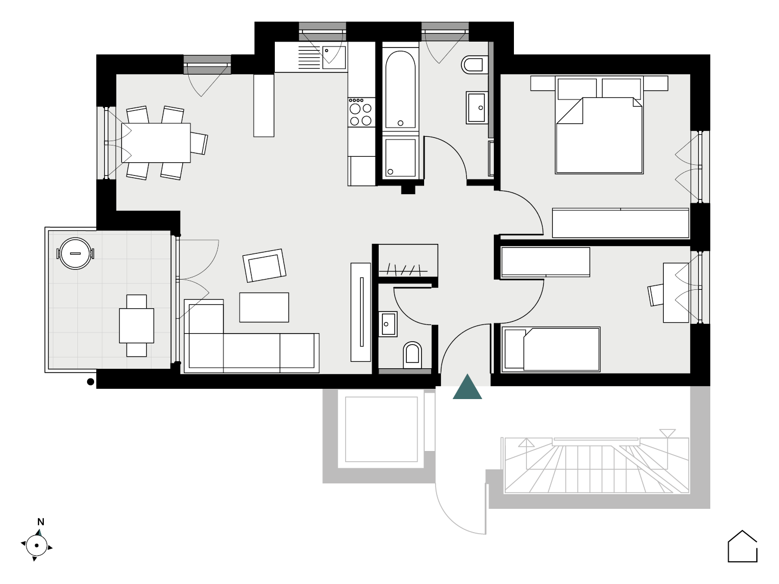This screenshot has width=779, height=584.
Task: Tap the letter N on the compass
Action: click(41, 522)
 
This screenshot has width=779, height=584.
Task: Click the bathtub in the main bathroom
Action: click(400, 90)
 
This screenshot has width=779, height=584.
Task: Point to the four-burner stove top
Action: click(361, 112)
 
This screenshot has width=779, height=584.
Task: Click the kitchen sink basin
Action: click(334, 57)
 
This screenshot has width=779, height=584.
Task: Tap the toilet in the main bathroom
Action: click(474, 65)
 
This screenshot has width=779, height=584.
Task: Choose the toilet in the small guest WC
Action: click(412, 355)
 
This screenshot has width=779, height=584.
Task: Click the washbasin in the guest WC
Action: click(387, 324)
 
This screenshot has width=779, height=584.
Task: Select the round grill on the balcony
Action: click(75, 254)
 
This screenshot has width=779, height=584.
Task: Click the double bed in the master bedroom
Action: click(599, 125)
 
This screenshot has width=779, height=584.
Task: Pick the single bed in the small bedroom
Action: click(551, 349)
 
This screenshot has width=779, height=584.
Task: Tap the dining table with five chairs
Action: click(156, 143)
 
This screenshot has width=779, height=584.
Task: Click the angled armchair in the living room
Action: click(265, 266)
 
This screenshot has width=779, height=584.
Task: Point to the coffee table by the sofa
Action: click(264, 308)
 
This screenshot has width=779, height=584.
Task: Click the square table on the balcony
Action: click(137, 326)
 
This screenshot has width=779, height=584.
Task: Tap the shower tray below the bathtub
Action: click(400, 158)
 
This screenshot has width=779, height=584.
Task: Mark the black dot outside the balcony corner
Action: click(90, 382)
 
